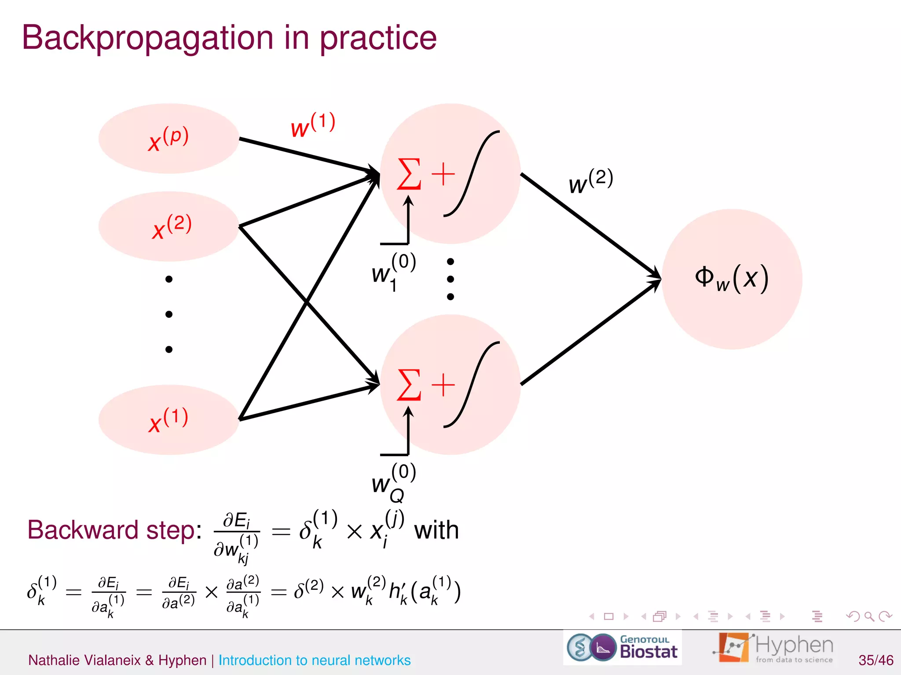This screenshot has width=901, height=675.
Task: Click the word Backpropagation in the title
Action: point(147,39)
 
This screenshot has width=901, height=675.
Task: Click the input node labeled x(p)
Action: point(168,139)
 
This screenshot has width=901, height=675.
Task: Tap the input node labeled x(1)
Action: point(168,420)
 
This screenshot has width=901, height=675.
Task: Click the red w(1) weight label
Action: point(313,126)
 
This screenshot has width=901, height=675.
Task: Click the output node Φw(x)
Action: point(732,279)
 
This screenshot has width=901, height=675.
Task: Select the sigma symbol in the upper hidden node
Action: point(409,174)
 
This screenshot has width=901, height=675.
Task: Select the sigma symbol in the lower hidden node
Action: point(409,385)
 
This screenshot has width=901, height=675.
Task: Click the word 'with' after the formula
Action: point(436,530)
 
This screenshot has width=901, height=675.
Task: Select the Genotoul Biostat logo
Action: point(622,648)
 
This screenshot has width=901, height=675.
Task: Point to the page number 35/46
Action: point(875,660)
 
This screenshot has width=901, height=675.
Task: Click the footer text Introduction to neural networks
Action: point(314,660)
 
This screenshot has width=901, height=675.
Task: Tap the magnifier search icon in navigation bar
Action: point(869,617)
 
